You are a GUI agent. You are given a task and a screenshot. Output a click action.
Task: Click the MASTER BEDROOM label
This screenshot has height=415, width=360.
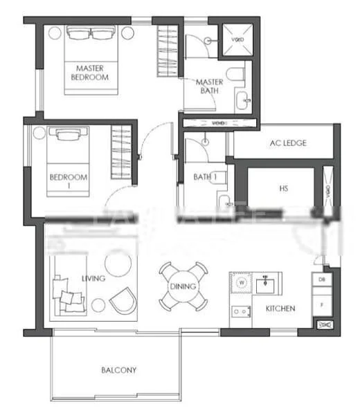pyautogui.click(x=90, y=73)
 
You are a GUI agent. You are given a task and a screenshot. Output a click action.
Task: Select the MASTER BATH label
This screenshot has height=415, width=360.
pyautogui.click(x=208, y=86)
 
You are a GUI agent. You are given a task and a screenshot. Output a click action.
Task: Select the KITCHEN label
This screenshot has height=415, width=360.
pyautogui.click(x=280, y=308)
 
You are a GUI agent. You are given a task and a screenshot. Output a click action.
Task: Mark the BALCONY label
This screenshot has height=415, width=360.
pyautogui.click(x=119, y=370)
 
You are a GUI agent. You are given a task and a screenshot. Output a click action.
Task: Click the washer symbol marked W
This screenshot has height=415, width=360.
pyautogui.click(x=242, y=282)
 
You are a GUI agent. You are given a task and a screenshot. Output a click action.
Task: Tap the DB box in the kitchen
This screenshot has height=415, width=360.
pyautogui.click(x=322, y=279)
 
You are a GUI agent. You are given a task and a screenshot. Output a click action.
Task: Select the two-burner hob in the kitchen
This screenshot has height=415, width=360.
pyautogui.click(x=241, y=312)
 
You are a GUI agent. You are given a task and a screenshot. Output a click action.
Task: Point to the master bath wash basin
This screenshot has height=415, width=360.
pyautogui.click(x=243, y=102)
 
